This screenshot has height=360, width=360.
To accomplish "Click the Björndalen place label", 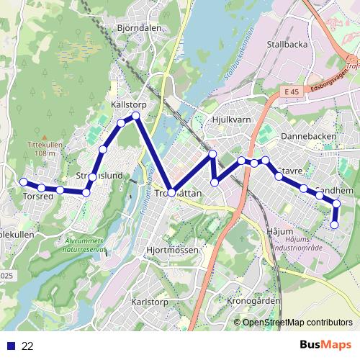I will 139,29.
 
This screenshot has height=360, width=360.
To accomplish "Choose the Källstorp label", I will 129,105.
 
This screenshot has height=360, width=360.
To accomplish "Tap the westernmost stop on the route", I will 24,181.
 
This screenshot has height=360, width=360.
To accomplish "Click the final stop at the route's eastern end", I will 334,225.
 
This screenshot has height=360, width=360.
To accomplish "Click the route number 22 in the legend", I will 27,346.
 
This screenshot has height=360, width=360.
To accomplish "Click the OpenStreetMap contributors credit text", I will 297,323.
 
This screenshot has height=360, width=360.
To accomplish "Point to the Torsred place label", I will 37,196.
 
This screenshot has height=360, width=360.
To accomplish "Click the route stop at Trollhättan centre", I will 171,192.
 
